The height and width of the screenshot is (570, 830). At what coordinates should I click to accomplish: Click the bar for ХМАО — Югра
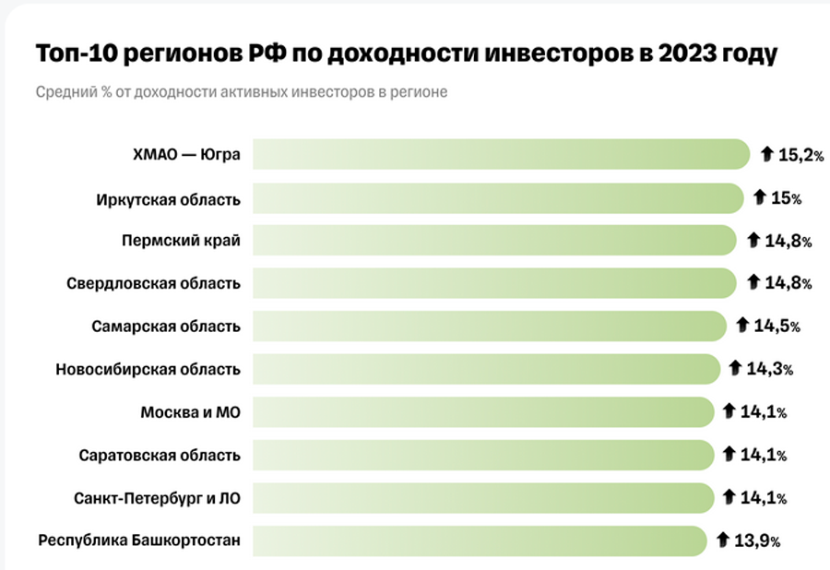pos(501,155)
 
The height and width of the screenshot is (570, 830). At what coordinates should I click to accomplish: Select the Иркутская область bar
pos(498,198)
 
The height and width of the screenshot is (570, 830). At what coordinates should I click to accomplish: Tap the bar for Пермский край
pos(495,242)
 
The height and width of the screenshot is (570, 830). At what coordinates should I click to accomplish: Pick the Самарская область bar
pos(490,327)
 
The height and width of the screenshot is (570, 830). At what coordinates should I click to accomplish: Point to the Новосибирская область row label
pos(148,370)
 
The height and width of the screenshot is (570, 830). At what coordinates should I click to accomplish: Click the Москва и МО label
pos(190,412)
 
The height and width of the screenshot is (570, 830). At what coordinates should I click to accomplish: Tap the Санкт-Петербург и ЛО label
pos(157,498)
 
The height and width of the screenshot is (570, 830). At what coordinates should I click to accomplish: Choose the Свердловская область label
pos(154,284)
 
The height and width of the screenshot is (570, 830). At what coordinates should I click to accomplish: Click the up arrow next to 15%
pos(761,197)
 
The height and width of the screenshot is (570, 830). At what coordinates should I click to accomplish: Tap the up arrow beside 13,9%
pos(723,540)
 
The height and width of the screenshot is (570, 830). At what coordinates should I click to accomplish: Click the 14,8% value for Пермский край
pos(788,242)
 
